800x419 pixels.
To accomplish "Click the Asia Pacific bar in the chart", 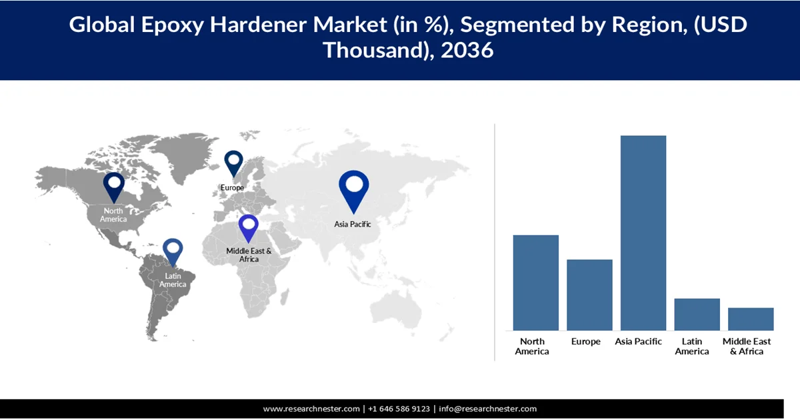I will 643,233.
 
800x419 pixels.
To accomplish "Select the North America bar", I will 535,282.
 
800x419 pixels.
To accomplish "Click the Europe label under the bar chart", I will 585,342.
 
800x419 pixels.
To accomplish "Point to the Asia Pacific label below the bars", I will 639,342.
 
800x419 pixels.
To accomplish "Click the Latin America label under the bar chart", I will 692,346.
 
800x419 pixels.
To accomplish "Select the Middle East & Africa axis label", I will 747,346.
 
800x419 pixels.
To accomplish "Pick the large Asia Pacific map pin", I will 353,189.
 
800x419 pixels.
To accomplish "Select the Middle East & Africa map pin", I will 249,227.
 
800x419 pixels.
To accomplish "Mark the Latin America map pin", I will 173,252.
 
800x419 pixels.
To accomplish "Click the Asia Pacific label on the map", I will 353,225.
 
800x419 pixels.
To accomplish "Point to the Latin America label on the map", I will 173,280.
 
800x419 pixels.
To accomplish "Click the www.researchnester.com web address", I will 312,409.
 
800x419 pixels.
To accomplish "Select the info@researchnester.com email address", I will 487,409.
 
